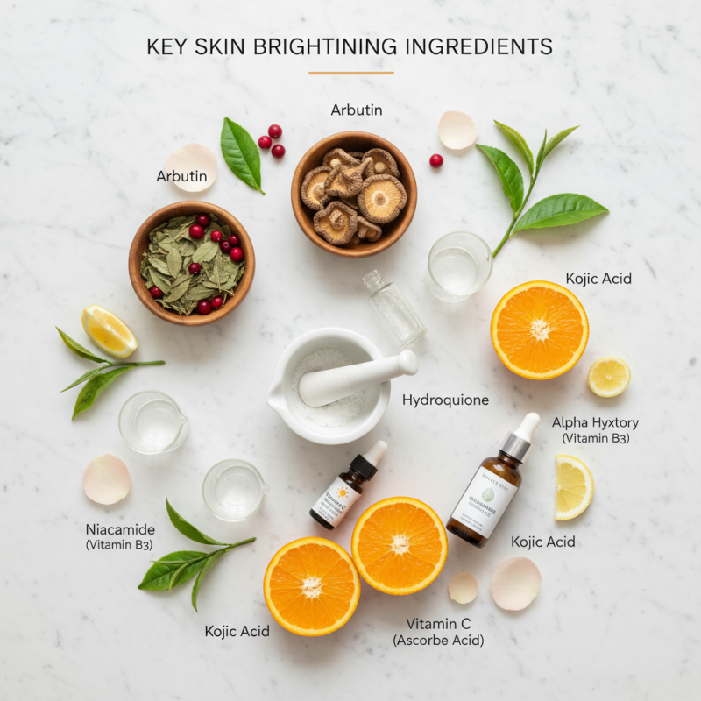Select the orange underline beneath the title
click(350, 73)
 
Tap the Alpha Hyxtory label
click(596, 422)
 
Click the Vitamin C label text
click(438, 624)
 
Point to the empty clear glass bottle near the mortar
click(394, 307)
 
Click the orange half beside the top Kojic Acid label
click(539, 329)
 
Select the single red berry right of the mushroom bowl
click(435, 160)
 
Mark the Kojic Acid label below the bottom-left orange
click(237, 631)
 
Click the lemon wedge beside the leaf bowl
click(109, 331)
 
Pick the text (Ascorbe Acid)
click(438, 641)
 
